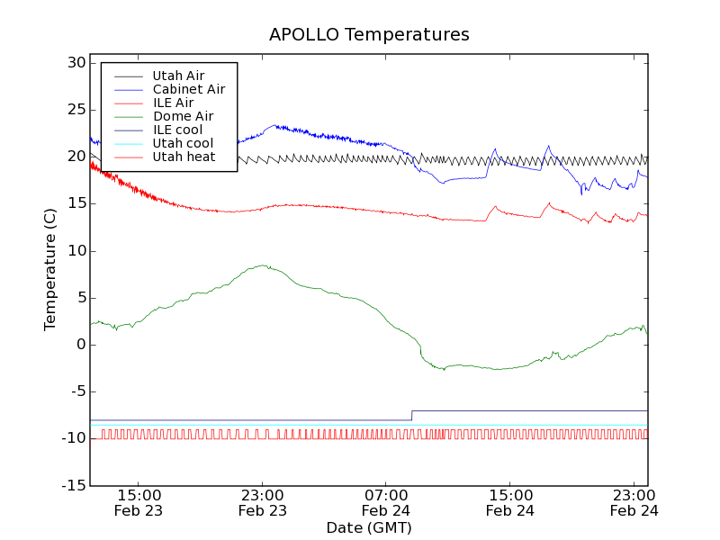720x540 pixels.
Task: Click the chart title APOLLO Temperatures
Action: pos(369,35)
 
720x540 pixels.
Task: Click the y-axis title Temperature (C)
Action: pos(51,269)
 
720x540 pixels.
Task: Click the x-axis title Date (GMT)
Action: pos(369,527)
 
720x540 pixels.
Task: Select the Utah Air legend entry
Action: pos(178,76)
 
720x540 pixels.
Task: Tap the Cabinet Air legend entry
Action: pos(189,89)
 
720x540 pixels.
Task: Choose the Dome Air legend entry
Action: pos(183,116)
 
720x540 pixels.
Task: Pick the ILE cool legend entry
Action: pos(177,130)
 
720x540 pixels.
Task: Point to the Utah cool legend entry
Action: pos(183,143)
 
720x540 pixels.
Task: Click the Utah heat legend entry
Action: pos(184,157)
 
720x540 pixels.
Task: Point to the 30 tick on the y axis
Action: pos(75,63)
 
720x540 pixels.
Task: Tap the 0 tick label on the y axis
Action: pos(80,345)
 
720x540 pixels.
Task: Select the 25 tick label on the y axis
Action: pos(75,110)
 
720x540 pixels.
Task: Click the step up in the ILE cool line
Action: pos(412,415)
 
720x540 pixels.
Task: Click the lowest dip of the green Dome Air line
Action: pos(444,369)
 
